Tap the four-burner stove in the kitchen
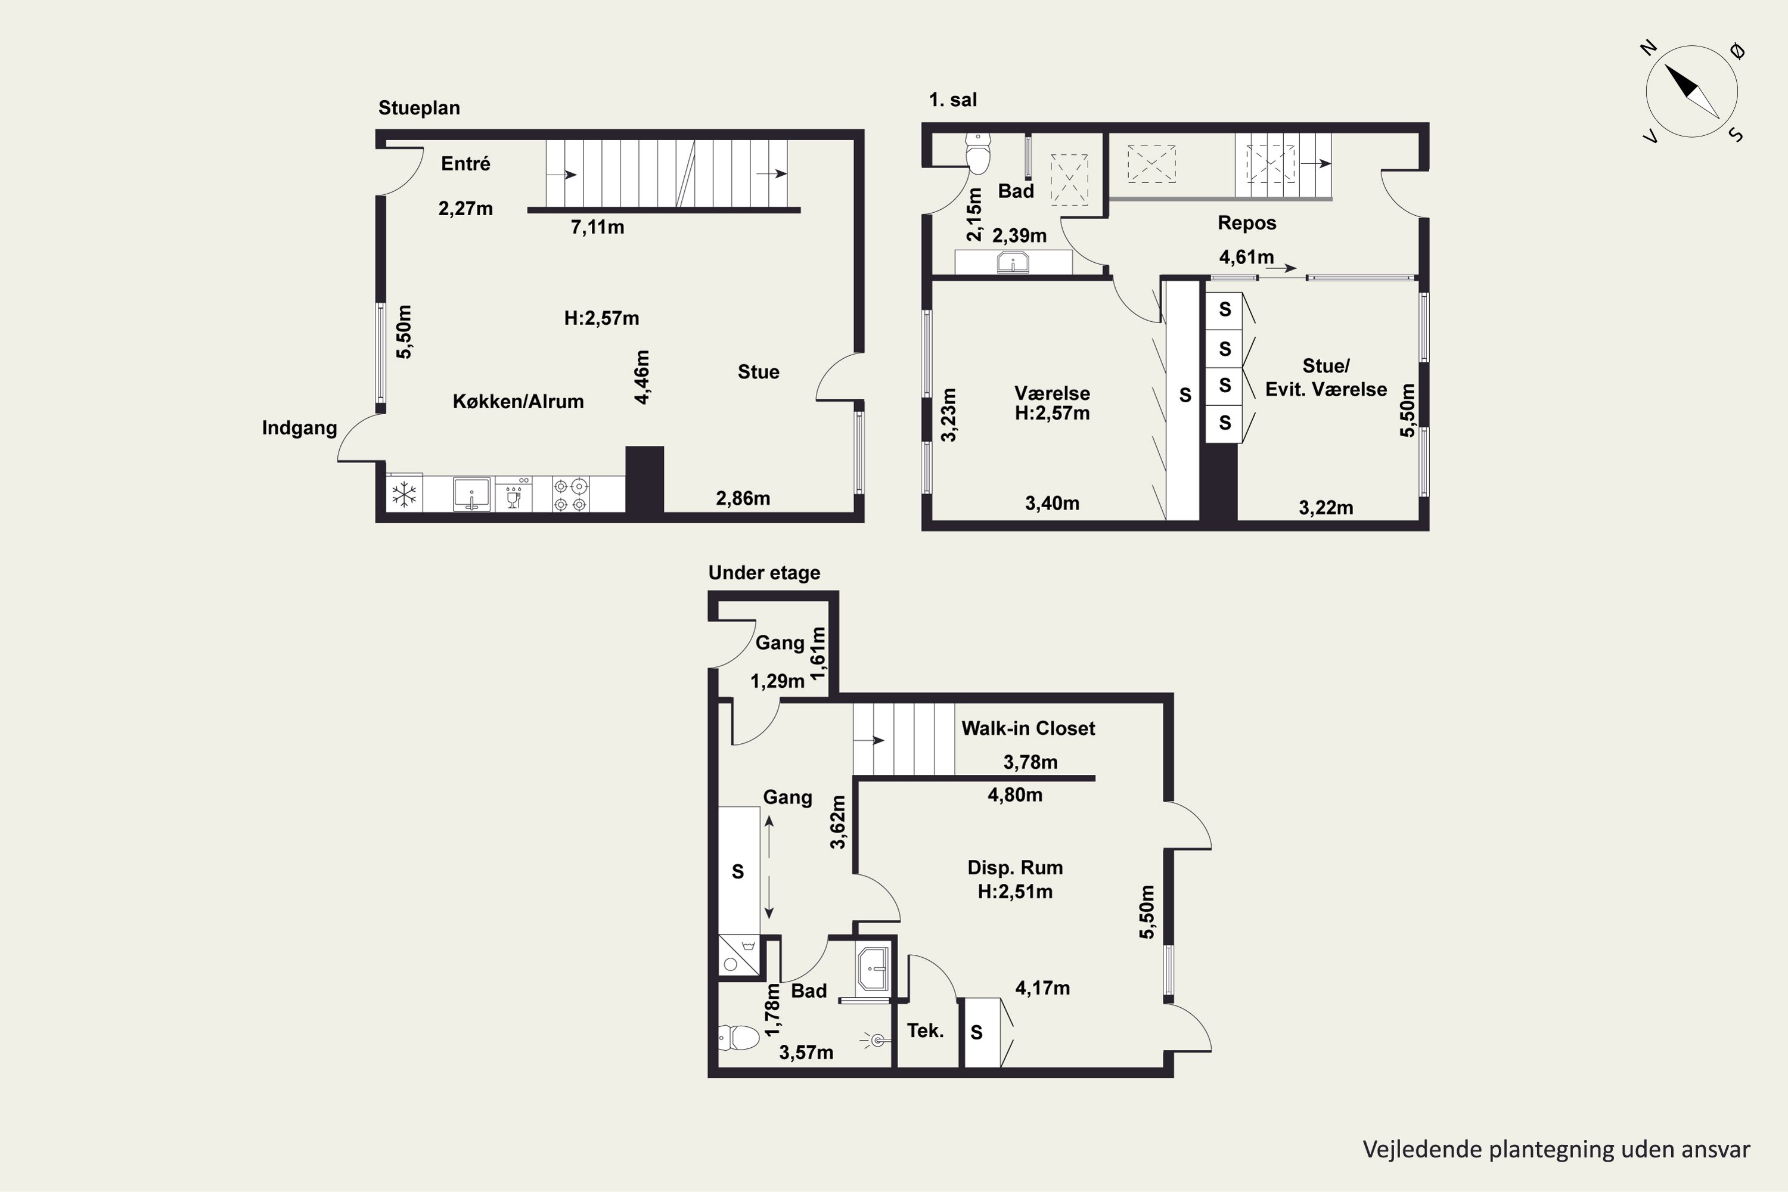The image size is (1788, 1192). pyautogui.click(x=570, y=495)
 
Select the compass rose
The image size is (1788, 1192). pyautogui.click(x=1692, y=92)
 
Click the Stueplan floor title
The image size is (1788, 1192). pyautogui.click(x=419, y=108)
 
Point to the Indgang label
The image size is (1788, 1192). pyautogui.click(x=300, y=428)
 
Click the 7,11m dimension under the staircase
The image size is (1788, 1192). pyautogui.click(x=598, y=227)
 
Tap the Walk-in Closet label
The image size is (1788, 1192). pyautogui.click(x=1028, y=728)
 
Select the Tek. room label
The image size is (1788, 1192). pyautogui.click(x=925, y=1031)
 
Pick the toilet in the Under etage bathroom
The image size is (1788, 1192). pyautogui.click(x=739, y=1038)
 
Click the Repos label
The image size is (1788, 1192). pyautogui.click(x=1247, y=223)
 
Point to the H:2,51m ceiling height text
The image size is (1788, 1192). pyautogui.click(x=1015, y=892)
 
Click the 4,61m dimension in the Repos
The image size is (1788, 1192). pyautogui.click(x=1246, y=257)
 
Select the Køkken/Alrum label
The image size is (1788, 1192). pyautogui.click(x=519, y=401)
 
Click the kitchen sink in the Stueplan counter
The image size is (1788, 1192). pyautogui.click(x=472, y=494)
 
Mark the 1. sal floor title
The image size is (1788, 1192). pyautogui.click(x=952, y=100)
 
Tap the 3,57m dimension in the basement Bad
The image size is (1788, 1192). pyautogui.click(x=806, y=1053)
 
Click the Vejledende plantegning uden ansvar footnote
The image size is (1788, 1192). pyautogui.click(x=1556, y=1150)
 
